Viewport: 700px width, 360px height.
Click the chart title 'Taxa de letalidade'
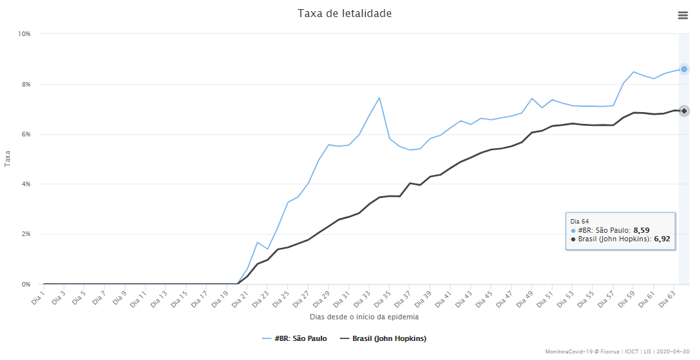click(x=344, y=13)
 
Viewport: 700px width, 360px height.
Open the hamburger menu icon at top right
click(x=683, y=16)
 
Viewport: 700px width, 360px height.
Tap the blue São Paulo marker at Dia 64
click(x=684, y=69)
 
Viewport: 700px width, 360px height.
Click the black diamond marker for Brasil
click(x=684, y=111)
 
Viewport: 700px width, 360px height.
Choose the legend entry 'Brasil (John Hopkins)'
click(x=384, y=338)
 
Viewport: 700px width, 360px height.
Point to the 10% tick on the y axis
click(x=24, y=33)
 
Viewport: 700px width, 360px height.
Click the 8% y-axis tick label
click(x=26, y=84)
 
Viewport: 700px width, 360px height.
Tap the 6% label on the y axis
click(x=26, y=134)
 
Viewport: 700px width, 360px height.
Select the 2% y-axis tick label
click(x=26, y=234)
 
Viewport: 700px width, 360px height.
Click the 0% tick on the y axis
click(x=26, y=285)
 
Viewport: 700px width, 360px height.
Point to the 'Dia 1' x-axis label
click(x=38, y=298)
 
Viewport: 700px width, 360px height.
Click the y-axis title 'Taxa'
click(x=8, y=158)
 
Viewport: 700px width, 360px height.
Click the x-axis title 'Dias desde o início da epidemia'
click(x=364, y=317)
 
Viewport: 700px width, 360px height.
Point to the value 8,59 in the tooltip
click(x=641, y=230)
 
